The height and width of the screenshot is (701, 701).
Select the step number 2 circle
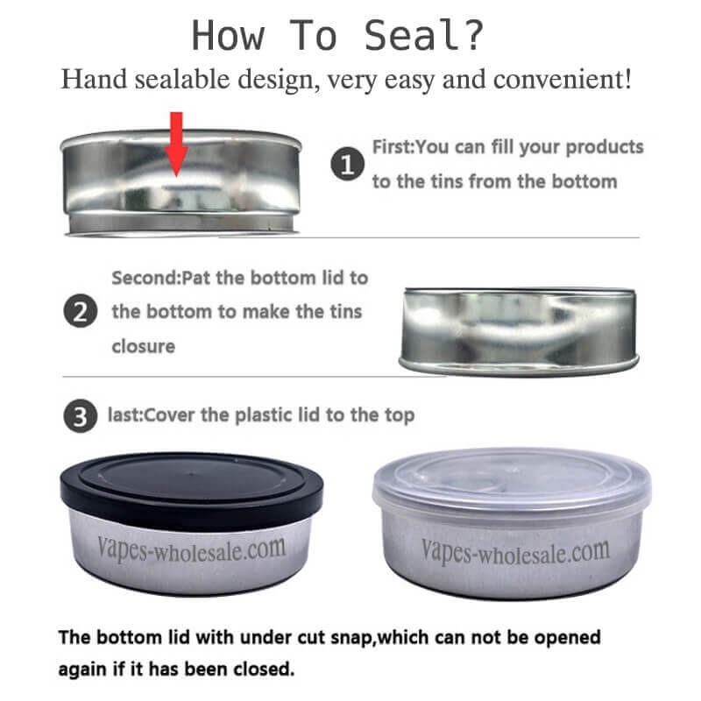(80, 312)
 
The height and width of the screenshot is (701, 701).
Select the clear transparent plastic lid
(512, 479)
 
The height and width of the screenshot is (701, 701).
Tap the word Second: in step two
(145, 278)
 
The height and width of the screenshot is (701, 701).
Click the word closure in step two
(143, 346)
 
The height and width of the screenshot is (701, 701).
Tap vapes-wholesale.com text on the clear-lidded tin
(515, 552)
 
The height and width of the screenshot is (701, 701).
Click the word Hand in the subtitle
(89, 81)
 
